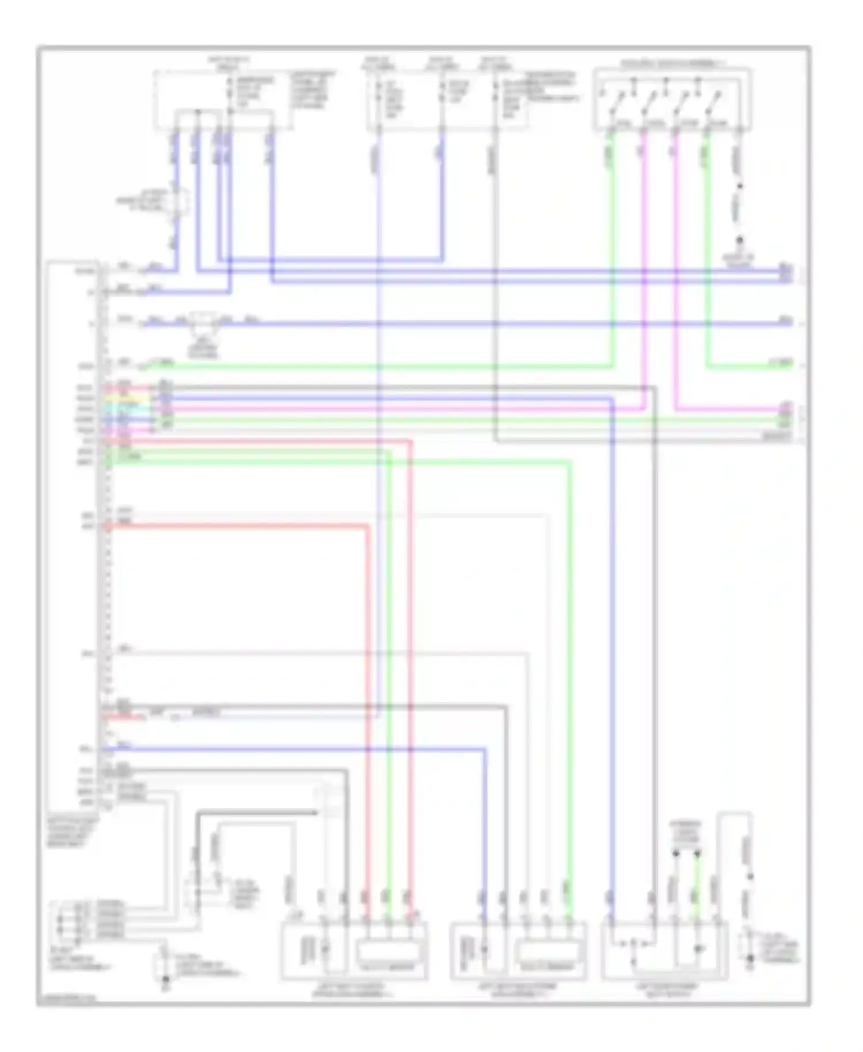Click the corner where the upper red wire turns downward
[410, 442]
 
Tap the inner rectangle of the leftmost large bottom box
[391, 948]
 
